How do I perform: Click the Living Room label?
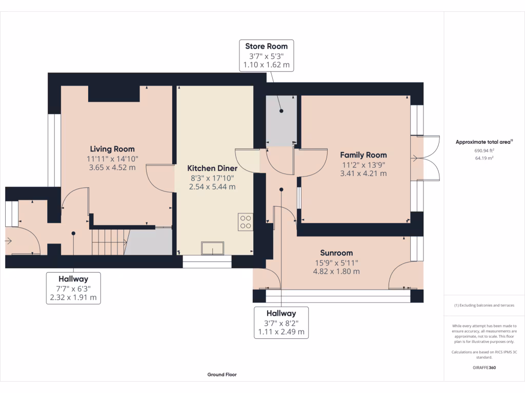(x=112, y=149)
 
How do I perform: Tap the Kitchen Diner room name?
(x=212, y=168)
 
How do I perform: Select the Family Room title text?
(x=364, y=155)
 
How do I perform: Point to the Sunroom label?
(x=336, y=253)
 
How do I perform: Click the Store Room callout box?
(x=267, y=55)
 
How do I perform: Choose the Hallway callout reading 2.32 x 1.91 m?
(x=73, y=288)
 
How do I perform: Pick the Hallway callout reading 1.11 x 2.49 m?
(x=281, y=322)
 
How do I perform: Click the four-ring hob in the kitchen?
(x=246, y=222)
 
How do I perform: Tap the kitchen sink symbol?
(x=213, y=248)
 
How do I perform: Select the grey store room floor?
(x=281, y=121)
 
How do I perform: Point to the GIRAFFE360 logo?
(x=484, y=367)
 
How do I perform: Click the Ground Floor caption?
(x=222, y=375)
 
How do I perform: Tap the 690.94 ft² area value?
(x=484, y=151)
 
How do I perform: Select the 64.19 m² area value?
(x=484, y=158)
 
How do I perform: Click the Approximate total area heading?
(x=484, y=142)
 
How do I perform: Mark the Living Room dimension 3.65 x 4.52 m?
(x=112, y=167)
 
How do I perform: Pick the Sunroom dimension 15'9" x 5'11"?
(x=336, y=263)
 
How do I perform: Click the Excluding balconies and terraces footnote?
(x=484, y=305)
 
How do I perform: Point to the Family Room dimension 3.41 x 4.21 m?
(x=364, y=173)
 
